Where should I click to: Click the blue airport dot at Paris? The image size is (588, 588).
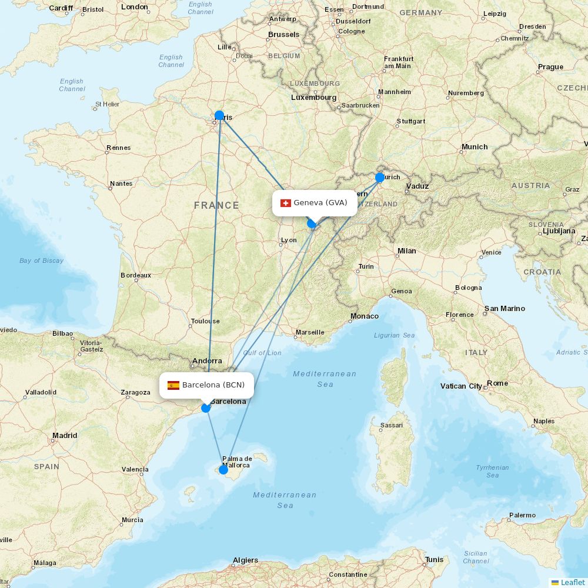219,115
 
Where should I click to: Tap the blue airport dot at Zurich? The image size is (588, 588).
380,177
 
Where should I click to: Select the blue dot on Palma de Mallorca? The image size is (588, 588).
223,469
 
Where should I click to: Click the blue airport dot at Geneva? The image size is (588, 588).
312,223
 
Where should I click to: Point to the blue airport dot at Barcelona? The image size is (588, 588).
206,407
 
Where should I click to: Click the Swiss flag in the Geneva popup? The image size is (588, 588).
286,203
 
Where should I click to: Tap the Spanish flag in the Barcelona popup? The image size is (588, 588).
173,385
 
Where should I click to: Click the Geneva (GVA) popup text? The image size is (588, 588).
320,203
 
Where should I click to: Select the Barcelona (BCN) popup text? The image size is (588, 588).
213,385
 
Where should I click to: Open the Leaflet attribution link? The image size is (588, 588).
572,582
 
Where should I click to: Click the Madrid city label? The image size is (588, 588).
65,436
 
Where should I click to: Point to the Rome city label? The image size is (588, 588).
497,383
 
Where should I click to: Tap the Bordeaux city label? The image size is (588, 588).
136,275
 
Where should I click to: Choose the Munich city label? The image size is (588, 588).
475,147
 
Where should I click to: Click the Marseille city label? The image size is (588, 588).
310,332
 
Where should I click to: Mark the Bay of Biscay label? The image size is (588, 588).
41,260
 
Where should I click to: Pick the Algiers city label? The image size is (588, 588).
245,560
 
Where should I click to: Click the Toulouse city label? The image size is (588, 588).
205,321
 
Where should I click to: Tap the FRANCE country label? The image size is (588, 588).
216,205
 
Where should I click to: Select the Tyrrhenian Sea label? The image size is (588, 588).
493,472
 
